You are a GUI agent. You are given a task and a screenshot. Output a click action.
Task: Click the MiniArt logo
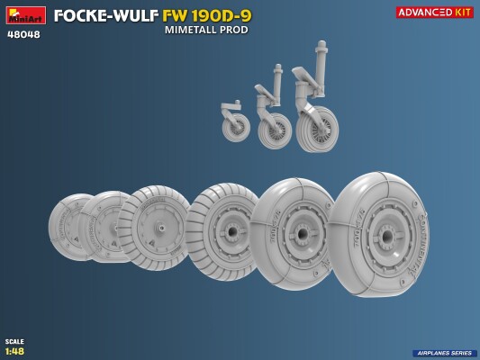tap(24, 15)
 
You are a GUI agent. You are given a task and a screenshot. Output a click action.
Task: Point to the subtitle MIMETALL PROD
tap(206, 30)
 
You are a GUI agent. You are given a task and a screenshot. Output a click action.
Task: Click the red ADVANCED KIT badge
tap(434, 12)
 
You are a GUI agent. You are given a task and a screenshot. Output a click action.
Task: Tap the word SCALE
tap(14, 341)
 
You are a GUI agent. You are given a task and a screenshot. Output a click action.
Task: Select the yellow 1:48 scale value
tap(14, 350)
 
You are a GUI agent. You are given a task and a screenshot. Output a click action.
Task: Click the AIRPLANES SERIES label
tap(444, 353)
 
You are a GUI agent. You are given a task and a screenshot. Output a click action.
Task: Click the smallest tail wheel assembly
tap(235, 123)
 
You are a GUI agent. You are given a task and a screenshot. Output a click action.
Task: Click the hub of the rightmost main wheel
tap(385, 235)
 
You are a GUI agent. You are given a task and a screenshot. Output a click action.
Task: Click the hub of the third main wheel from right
tap(232, 231)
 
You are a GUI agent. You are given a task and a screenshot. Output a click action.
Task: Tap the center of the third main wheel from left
tap(160, 228)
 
